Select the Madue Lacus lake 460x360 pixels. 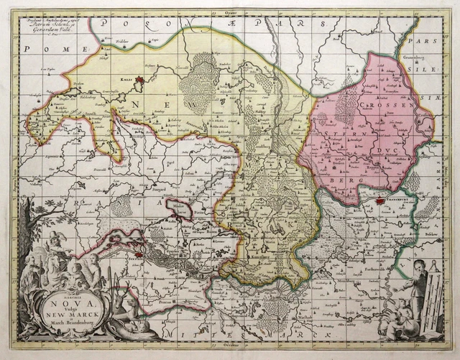[x=185, y=208]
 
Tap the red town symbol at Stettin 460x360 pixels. [x=145, y=253]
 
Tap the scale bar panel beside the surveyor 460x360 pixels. [x=431, y=302]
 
